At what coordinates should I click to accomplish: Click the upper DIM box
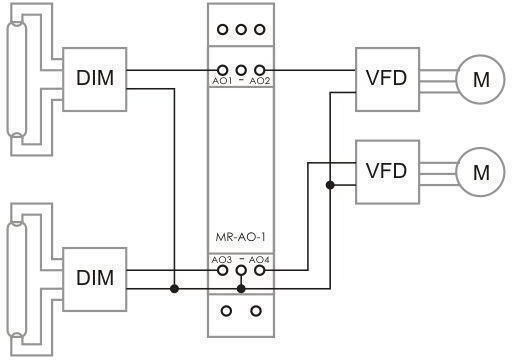[x=95, y=79]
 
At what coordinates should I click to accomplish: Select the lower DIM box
[x=95, y=279]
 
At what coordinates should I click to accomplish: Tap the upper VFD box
[x=387, y=79]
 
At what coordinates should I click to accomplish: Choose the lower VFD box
[x=387, y=172]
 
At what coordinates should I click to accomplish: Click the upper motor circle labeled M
[x=480, y=79]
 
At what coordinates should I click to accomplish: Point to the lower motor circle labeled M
[x=480, y=172]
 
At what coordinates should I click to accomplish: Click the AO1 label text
[x=222, y=81]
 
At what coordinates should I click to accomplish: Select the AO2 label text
[x=260, y=81]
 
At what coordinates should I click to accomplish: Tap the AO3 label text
[x=221, y=260]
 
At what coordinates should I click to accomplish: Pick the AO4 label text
[x=259, y=260]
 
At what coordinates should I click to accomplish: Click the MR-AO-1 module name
[x=240, y=237]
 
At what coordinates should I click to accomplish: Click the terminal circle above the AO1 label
[x=222, y=70]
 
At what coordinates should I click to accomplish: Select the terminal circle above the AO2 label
[x=260, y=70]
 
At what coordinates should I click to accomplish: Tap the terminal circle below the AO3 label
[x=222, y=270]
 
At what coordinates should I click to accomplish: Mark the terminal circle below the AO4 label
[x=260, y=270]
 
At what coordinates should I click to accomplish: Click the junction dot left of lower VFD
[x=330, y=185]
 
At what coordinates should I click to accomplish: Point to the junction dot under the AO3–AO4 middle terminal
[x=241, y=289]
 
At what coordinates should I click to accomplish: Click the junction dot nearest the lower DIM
[x=174, y=289]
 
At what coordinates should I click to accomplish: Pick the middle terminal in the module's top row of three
[x=241, y=30]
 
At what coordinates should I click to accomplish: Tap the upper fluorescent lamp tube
[x=17, y=80]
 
